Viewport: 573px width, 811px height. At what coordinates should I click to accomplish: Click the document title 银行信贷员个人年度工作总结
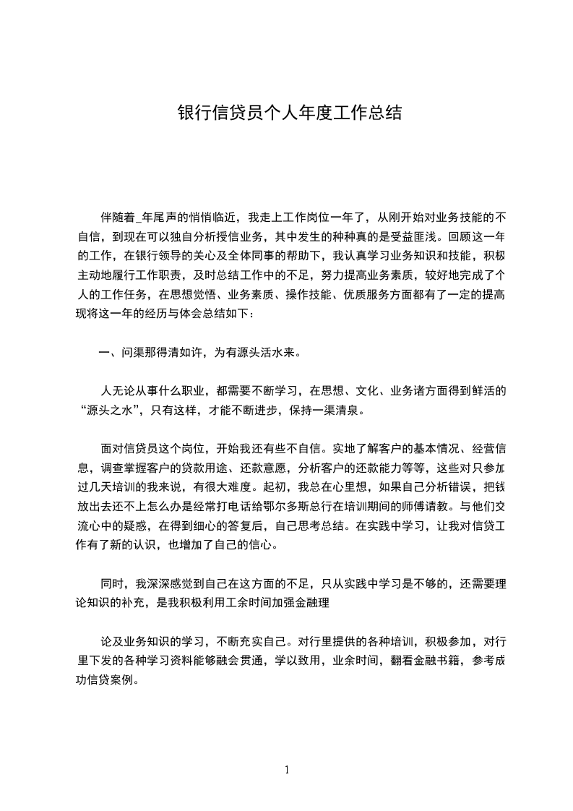click(289, 113)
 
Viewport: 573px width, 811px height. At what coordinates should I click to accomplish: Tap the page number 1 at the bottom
click(287, 770)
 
